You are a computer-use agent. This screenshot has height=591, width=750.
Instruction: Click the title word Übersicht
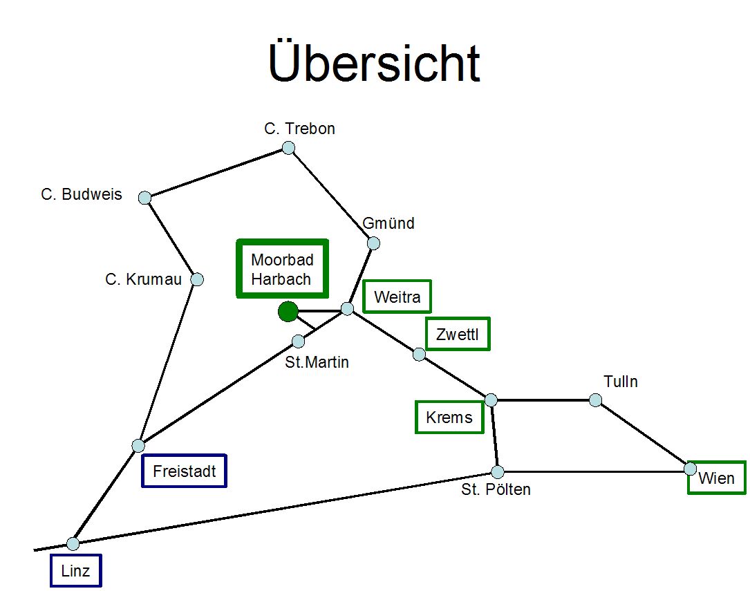tap(374, 63)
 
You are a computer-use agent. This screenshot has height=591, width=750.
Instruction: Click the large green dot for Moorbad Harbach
tap(288, 312)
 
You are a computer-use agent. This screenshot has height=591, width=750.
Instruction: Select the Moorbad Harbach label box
tap(282, 269)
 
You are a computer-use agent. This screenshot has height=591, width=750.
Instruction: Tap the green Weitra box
tap(397, 297)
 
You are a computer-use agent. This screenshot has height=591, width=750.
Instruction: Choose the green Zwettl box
tap(458, 335)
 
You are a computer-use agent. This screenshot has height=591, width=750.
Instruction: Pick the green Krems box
tap(449, 418)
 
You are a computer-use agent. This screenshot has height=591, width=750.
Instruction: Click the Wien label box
tap(717, 478)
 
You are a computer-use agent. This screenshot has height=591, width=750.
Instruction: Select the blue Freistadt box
tap(184, 471)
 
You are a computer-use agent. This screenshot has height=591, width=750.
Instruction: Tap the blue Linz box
tap(75, 571)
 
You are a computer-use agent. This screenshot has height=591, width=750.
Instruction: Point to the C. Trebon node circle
tap(288, 148)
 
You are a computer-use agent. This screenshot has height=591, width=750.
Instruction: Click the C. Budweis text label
tap(82, 194)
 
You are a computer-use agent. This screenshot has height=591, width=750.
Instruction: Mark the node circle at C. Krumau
tap(197, 279)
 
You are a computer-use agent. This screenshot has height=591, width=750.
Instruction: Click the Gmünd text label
tap(388, 223)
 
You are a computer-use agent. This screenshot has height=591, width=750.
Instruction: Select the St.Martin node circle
tap(298, 341)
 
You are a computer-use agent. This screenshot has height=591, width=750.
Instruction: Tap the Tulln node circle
tap(595, 400)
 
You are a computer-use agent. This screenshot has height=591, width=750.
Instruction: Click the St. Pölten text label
tap(496, 490)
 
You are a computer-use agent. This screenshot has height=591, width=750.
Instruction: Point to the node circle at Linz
tap(73, 543)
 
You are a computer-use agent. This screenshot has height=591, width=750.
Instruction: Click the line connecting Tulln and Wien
tap(643, 434)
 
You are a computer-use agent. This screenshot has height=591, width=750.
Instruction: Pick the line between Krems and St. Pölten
tap(494, 436)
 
